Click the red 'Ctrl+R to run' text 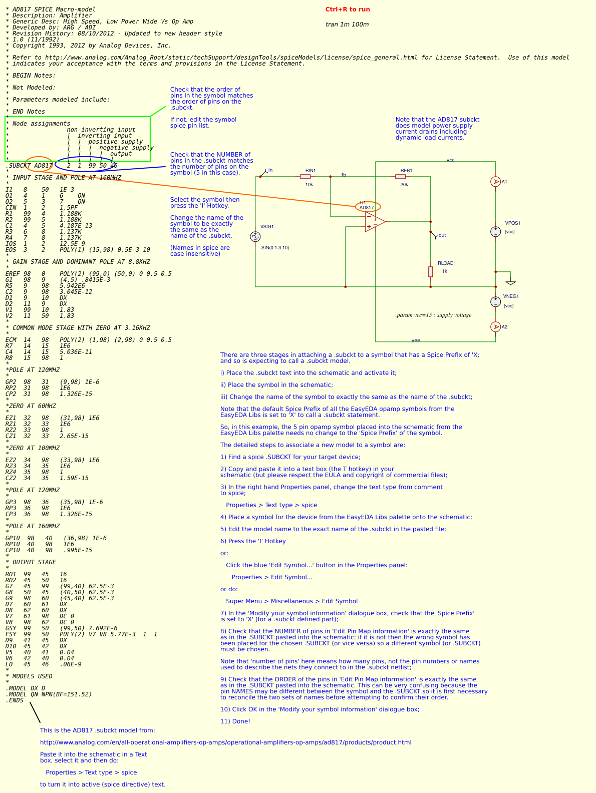point(348,10)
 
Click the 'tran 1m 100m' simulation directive point(347,25)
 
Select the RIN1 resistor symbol point(306,177)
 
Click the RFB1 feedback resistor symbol point(401,177)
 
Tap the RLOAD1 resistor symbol point(430,271)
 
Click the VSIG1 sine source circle point(255,237)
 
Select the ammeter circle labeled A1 point(495,182)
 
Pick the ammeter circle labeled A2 point(495,327)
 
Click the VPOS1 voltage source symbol point(495,231)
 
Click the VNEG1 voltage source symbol point(495,301)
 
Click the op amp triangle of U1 point(375,222)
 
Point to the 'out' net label point(442,235)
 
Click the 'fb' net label point(344,175)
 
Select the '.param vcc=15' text point(433,315)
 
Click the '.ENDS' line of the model point(15,700)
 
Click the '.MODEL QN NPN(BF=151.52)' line point(49,694)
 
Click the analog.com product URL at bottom point(225,742)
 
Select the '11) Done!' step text point(235,721)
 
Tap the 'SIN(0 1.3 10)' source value point(275,248)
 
